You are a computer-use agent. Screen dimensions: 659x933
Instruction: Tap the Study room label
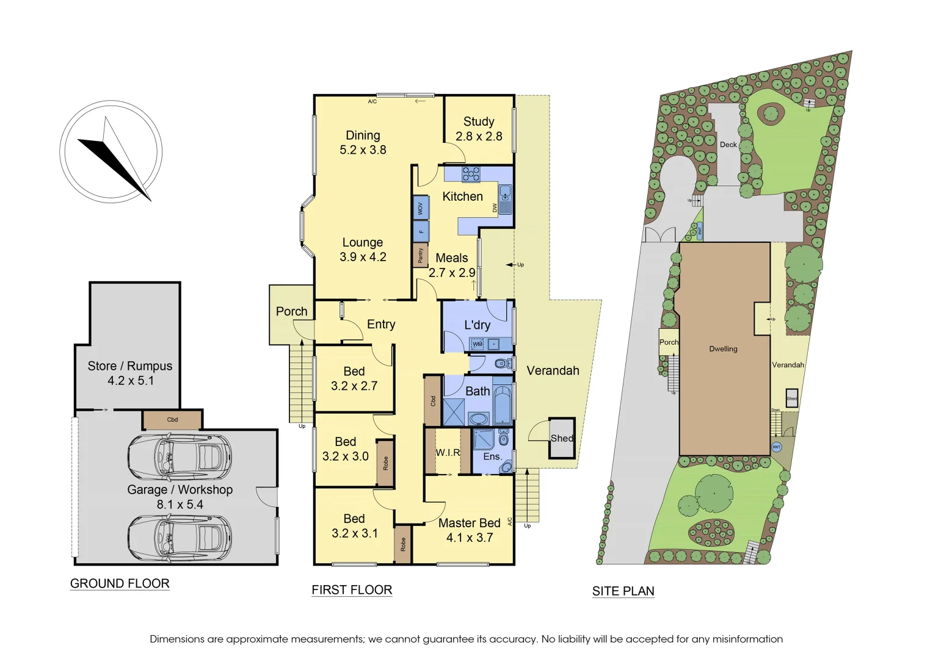pyautogui.click(x=479, y=122)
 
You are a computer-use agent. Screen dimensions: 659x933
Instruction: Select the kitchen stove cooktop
pyautogui.click(x=471, y=175)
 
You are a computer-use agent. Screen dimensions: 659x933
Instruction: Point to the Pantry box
pyautogui.click(x=420, y=255)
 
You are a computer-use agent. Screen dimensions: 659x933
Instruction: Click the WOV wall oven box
pyautogui.click(x=420, y=208)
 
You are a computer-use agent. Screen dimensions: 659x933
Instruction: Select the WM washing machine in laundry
pyautogui.click(x=477, y=344)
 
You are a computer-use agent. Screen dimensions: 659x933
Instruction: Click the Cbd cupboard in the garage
pyautogui.click(x=172, y=420)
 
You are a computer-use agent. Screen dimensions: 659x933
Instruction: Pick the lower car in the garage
pyautogui.click(x=180, y=537)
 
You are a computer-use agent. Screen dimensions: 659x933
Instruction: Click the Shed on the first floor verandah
pyautogui.click(x=562, y=438)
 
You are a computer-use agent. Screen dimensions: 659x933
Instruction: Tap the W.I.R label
pyautogui.click(x=448, y=452)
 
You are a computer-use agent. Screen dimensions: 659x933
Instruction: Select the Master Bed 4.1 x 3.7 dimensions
pyautogui.click(x=469, y=538)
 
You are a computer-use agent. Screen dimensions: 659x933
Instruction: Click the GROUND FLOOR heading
pyautogui.click(x=120, y=583)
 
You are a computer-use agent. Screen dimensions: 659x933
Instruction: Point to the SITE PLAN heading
pyautogui.click(x=623, y=591)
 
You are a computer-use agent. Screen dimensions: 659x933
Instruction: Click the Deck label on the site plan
pyautogui.click(x=728, y=145)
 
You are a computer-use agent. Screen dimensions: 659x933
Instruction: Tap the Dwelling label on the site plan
pyautogui.click(x=723, y=349)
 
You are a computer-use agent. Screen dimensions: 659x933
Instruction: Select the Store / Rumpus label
pyautogui.click(x=129, y=366)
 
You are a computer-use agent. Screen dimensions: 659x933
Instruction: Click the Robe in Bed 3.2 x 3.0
pyautogui.click(x=385, y=463)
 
